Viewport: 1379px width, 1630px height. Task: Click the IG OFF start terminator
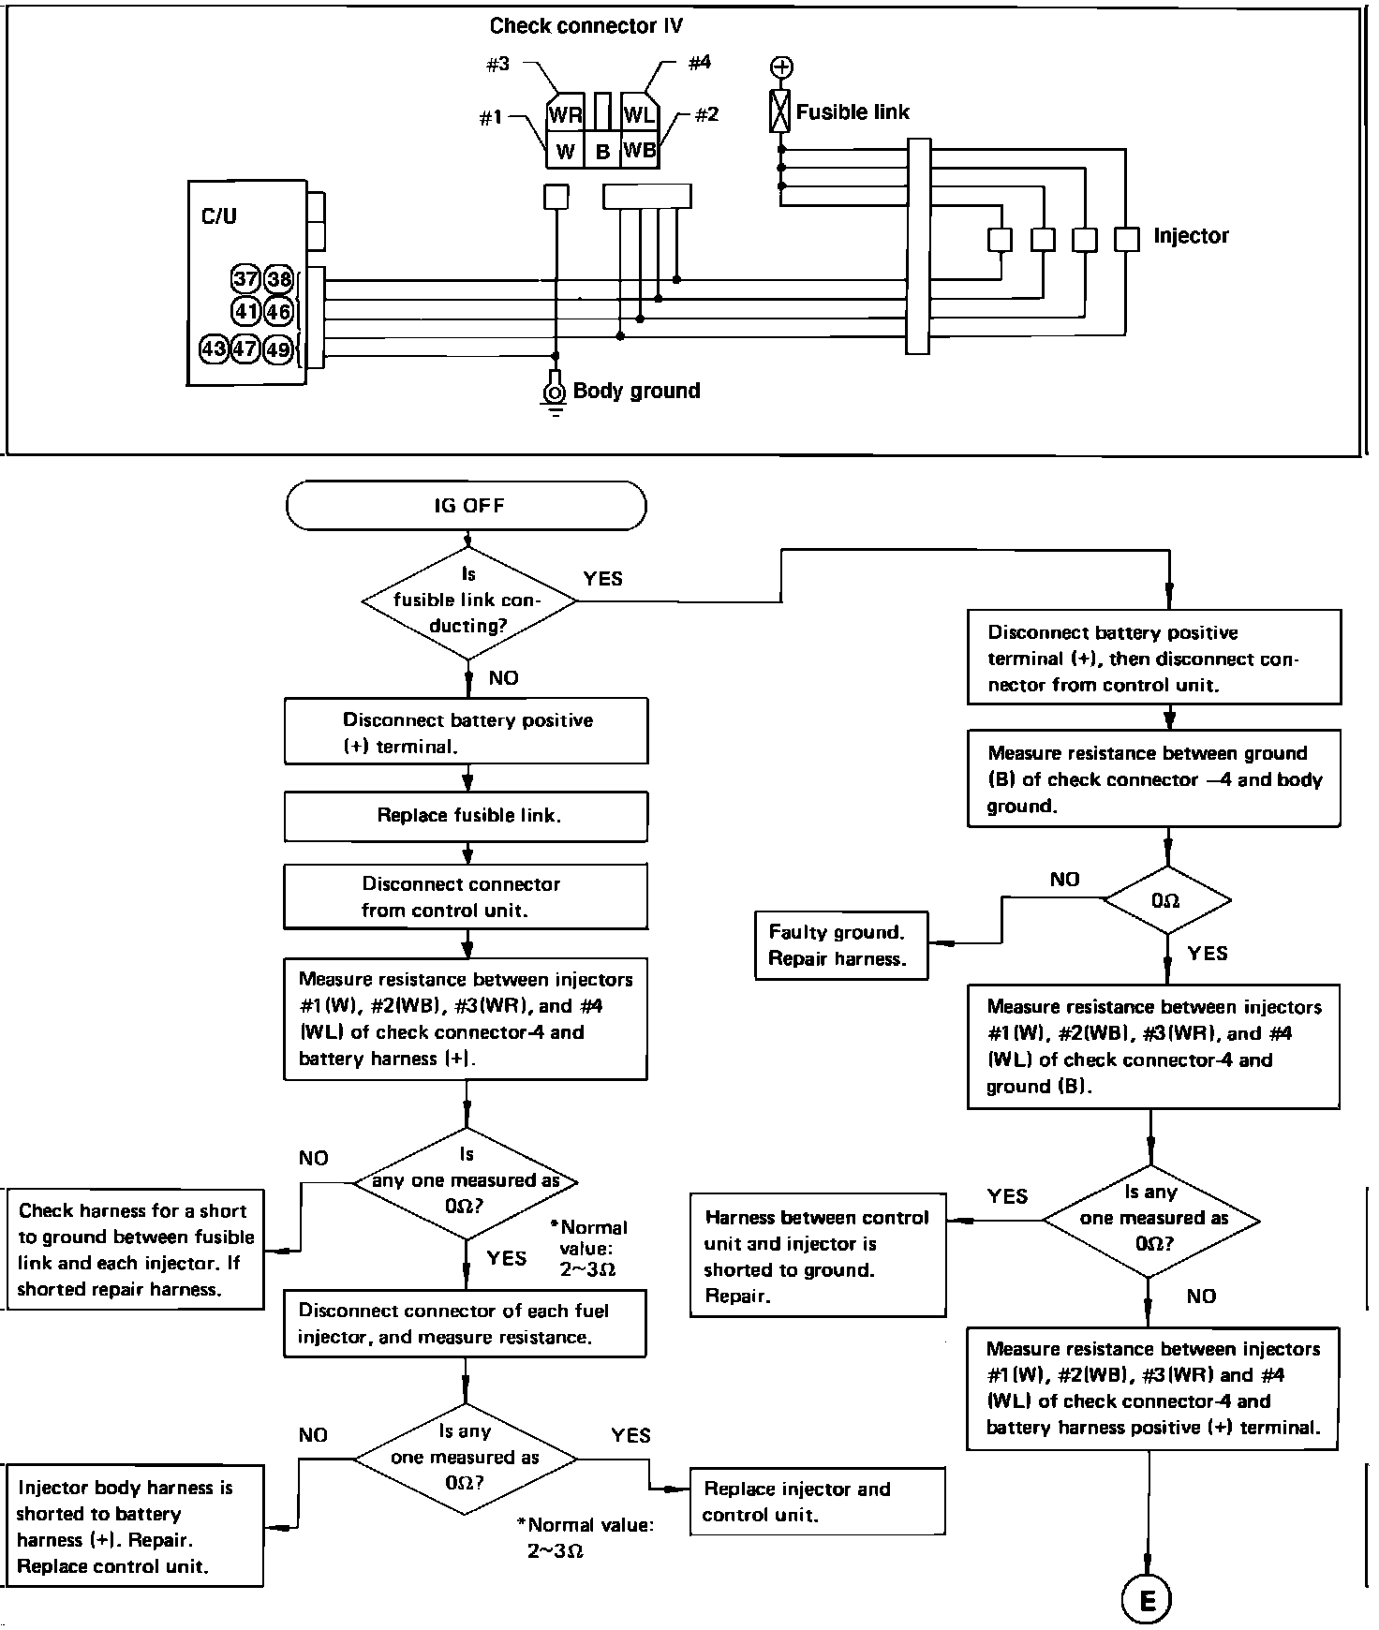[x=467, y=506]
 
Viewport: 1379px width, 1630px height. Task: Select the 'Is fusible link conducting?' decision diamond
[x=468, y=600]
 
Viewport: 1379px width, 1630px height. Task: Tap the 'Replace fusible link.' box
[x=467, y=816]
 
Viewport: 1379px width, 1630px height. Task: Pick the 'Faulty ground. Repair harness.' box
[x=841, y=945]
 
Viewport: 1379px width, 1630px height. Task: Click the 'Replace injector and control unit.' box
[x=817, y=1502]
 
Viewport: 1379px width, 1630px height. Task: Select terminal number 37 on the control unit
[x=245, y=279]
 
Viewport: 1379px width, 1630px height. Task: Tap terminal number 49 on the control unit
[x=278, y=349]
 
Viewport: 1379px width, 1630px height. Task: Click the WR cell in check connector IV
[x=565, y=114]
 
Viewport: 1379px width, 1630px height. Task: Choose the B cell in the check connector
[x=602, y=151]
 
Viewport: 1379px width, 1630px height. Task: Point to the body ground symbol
[x=556, y=393]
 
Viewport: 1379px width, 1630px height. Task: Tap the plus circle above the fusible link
[x=781, y=67]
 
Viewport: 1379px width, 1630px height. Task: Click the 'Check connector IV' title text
[x=586, y=26]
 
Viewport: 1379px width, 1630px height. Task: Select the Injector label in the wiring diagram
[x=1191, y=236]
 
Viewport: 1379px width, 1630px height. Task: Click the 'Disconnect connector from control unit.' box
[x=467, y=896]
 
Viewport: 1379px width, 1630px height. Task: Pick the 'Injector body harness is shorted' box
[x=134, y=1526]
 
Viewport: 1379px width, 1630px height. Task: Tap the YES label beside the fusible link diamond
[x=602, y=579]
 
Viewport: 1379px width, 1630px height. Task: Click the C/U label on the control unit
[x=219, y=216]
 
